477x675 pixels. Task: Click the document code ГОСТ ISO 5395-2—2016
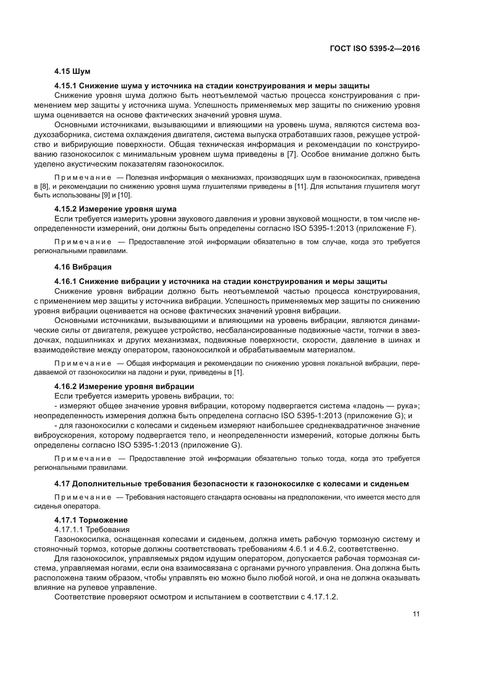pos(375,49)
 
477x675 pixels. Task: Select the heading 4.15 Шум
pos(72,72)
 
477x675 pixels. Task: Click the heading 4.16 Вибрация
pos(83,267)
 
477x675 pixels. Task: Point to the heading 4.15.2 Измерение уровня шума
pos(115,209)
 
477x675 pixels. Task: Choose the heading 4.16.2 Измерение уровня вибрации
pos(124,386)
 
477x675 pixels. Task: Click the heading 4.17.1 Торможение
pos(91,520)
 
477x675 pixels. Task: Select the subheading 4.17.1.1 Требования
pos(92,530)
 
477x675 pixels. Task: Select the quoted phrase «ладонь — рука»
pos(385,406)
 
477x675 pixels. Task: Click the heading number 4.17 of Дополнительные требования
pos(62,484)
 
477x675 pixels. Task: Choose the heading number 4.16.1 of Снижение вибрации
pos(65,282)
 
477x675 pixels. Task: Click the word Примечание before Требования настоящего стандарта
pos(83,498)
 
